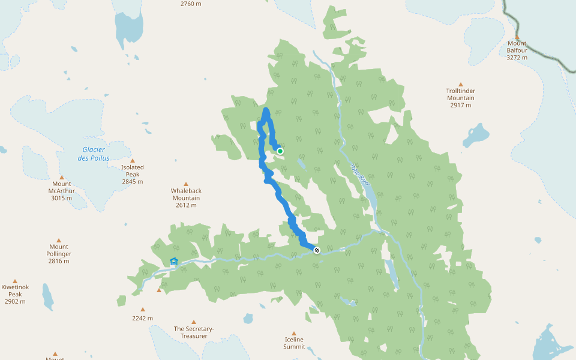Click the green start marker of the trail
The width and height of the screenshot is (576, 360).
point(280,151)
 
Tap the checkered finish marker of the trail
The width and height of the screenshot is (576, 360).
point(317,250)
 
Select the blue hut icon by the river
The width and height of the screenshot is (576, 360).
point(174,262)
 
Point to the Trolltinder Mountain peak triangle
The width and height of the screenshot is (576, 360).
point(461,85)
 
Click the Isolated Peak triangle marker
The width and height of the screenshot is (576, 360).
point(132,161)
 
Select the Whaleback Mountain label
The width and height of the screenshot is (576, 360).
point(186,194)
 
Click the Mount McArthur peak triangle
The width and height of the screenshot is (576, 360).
point(61,177)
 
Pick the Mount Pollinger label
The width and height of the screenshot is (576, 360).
point(59,250)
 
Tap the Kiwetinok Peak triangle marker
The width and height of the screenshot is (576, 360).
point(15,281)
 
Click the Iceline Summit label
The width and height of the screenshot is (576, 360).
point(294,343)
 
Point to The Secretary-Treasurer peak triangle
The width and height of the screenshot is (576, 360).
point(193,322)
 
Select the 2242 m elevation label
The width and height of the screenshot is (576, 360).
point(143,318)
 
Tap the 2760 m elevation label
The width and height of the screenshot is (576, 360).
point(191,4)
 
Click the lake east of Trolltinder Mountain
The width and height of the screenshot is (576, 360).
point(476,134)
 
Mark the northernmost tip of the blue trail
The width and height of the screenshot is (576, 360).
point(266,110)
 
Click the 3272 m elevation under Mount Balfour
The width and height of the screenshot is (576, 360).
point(517,58)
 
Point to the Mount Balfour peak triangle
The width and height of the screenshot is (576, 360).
point(517,37)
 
